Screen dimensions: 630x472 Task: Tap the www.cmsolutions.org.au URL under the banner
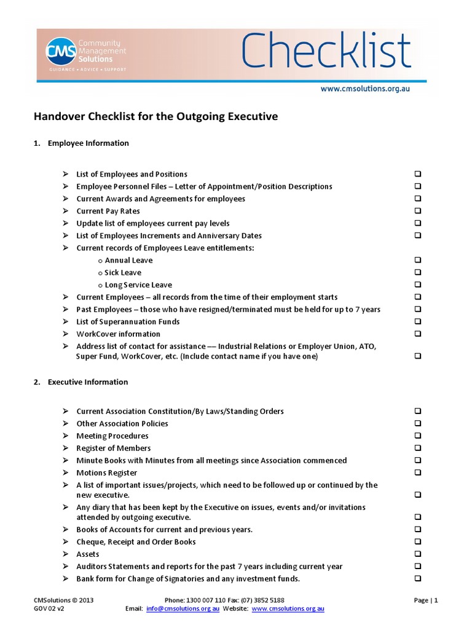pyautogui.click(x=365, y=89)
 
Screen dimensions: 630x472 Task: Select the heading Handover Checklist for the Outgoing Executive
pyautogui.click(x=155, y=116)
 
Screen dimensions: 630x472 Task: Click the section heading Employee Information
pyautogui.click(x=88, y=143)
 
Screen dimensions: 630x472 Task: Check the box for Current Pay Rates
pyautogui.click(x=418, y=211)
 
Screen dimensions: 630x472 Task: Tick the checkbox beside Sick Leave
pyautogui.click(x=418, y=273)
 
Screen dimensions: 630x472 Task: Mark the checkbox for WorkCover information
pyautogui.click(x=418, y=334)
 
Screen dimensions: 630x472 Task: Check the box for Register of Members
pyautogui.click(x=418, y=449)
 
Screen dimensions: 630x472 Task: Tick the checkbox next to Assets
pyautogui.click(x=418, y=554)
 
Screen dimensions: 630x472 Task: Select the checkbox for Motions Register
pyautogui.click(x=418, y=473)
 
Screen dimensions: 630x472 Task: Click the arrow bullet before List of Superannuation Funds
pyautogui.click(x=66, y=322)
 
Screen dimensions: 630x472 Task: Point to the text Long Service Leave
pyautogui.click(x=138, y=285)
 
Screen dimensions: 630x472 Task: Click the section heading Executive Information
pyautogui.click(x=88, y=382)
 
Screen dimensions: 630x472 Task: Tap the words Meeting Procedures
pyautogui.click(x=112, y=436)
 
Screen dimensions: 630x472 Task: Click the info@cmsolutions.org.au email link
pyautogui.click(x=183, y=608)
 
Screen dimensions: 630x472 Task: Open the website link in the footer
pyautogui.click(x=288, y=608)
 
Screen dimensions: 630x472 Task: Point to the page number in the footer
pyautogui.click(x=426, y=600)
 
